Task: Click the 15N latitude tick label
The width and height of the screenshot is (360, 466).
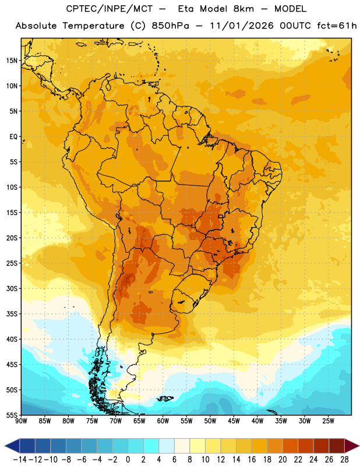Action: click(x=11, y=61)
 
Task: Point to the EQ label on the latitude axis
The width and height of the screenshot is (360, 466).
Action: click(x=13, y=137)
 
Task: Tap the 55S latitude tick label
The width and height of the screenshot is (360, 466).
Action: click(x=11, y=415)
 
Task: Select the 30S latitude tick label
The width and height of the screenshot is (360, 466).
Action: click(x=11, y=288)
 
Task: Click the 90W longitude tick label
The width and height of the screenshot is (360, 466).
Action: click(x=21, y=421)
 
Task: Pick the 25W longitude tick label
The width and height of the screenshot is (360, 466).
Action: click(x=328, y=421)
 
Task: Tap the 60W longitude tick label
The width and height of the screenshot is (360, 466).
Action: click(x=163, y=421)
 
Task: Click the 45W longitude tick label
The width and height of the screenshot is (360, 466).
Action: click(x=234, y=421)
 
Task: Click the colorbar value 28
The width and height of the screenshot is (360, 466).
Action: click(x=344, y=460)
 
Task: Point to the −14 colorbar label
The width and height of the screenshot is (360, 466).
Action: click(x=20, y=460)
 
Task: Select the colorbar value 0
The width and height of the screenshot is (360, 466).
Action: click(x=128, y=460)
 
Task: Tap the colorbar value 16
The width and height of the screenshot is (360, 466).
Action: click(x=252, y=460)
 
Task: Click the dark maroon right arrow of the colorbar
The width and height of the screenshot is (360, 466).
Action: click(x=352, y=446)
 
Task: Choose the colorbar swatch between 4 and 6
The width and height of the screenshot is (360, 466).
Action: click(x=167, y=446)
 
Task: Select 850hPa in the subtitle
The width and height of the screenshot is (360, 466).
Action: click(x=170, y=26)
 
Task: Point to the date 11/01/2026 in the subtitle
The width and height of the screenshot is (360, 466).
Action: click(x=242, y=26)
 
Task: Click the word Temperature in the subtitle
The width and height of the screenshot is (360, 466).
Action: click(x=93, y=26)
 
